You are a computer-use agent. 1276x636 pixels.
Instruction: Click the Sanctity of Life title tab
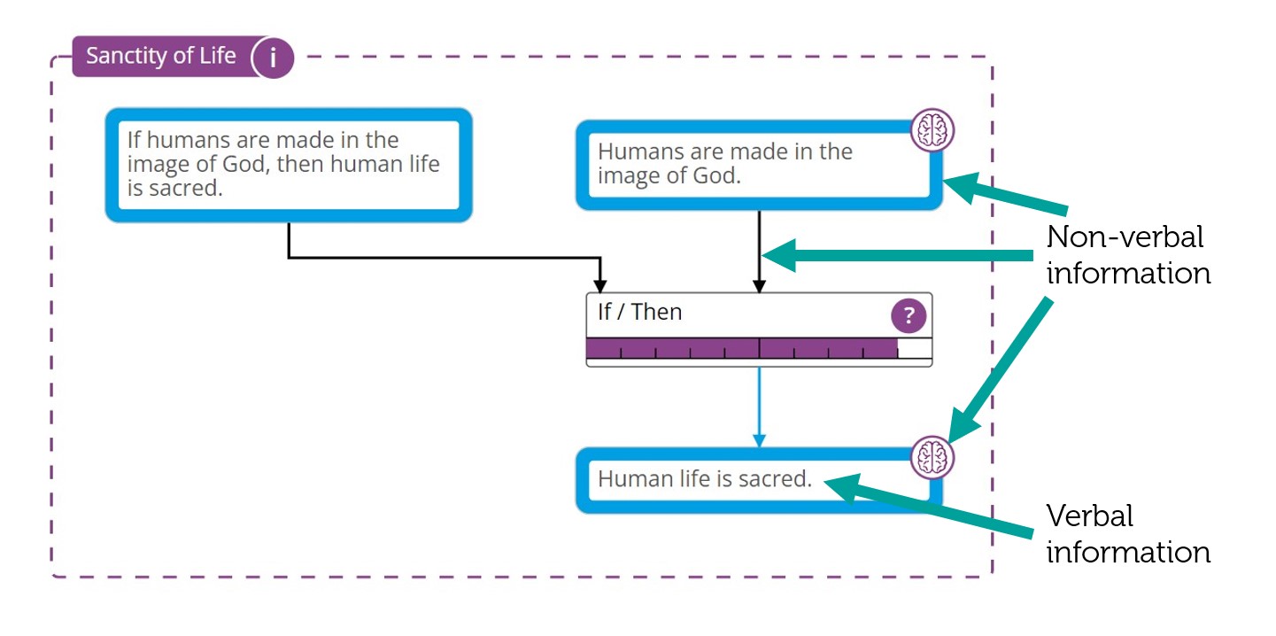coord(161,57)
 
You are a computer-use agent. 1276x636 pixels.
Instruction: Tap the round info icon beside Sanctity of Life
coord(273,58)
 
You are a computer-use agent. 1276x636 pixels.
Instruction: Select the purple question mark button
coord(908,315)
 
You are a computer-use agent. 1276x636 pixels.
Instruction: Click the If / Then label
coord(639,312)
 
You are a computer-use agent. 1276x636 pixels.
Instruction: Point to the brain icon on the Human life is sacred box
coord(932,458)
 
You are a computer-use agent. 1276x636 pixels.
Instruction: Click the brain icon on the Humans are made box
coord(932,130)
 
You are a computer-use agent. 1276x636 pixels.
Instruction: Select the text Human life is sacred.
coord(705,479)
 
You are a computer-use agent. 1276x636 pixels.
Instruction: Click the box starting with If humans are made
coord(288,165)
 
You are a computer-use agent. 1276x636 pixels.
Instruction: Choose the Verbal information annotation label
coord(1127,534)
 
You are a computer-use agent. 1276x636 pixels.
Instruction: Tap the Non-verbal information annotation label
coord(1127,255)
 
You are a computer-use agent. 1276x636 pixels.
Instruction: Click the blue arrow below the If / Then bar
coord(759,407)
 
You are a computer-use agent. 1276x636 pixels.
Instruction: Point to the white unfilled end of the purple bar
coord(915,348)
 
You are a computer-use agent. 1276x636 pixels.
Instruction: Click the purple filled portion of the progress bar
coord(741,348)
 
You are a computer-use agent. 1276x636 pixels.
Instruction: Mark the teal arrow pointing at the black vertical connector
coord(894,256)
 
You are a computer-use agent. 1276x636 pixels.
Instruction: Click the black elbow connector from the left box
coord(443,258)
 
